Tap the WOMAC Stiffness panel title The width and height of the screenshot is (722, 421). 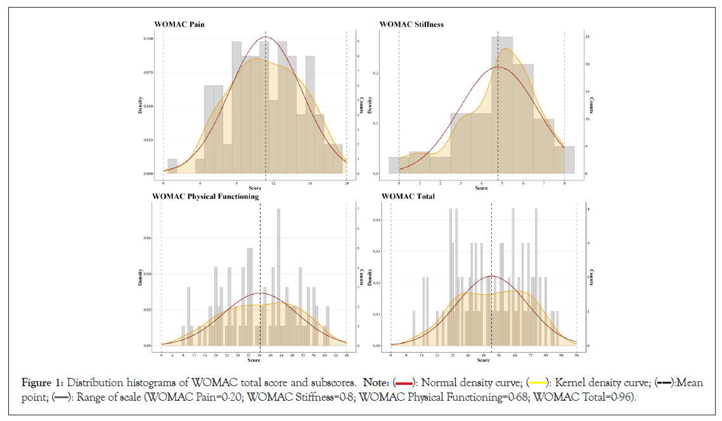(x=411, y=25)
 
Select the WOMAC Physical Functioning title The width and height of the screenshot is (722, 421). (x=205, y=196)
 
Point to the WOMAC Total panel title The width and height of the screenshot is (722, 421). (x=407, y=196)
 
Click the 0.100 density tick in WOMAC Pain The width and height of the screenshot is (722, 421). (x=148, y=39)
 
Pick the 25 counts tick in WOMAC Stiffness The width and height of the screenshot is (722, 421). (x=588, y=37)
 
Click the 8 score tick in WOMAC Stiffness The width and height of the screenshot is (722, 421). (x=564, y=183)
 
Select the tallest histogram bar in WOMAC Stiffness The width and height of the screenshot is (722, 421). (x=501, y=104)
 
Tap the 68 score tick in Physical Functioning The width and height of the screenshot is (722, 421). (x=346, y=355)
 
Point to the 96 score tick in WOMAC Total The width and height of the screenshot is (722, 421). (x=576, y=355)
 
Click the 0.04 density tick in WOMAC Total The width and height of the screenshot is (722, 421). (x=377, y=220)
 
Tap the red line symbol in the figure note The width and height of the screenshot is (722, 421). (x=403, y=383)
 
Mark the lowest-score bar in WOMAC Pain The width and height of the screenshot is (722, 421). (x=172, y=166)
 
